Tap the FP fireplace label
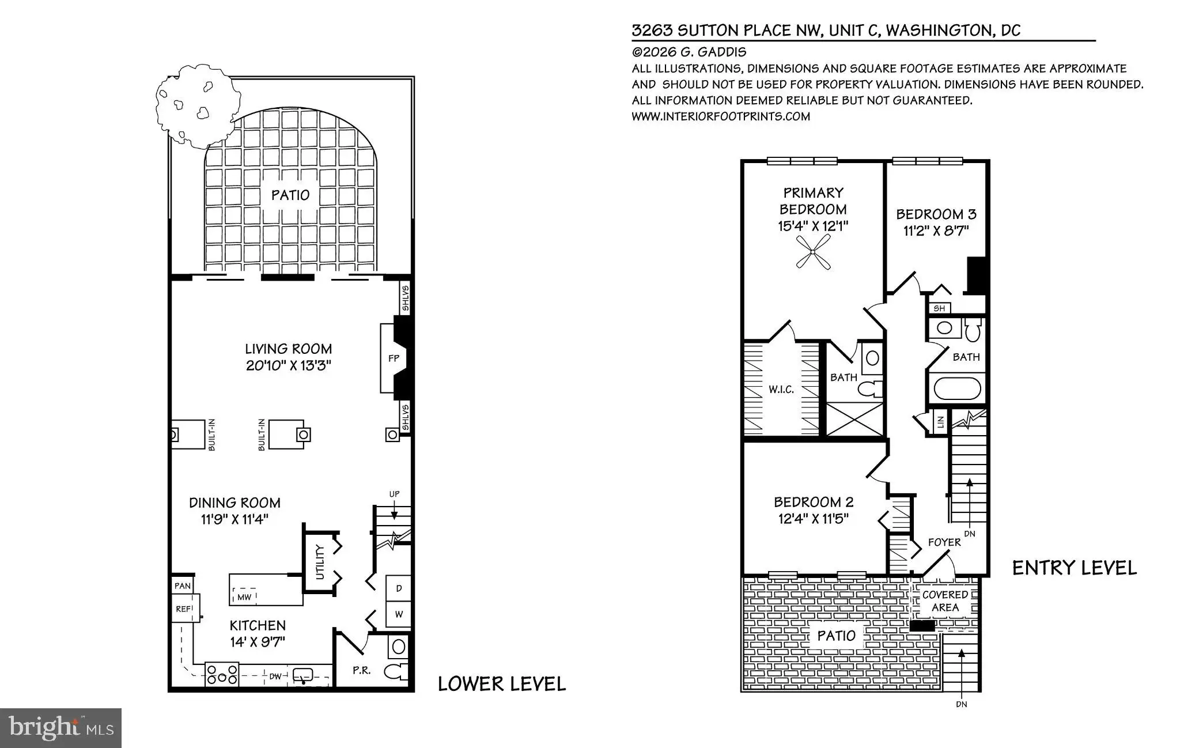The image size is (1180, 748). (x=394, y=358)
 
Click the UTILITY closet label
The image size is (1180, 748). (x=320, y=562)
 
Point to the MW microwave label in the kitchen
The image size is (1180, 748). (x=244, y=597)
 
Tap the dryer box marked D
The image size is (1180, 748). (x=398, y=588)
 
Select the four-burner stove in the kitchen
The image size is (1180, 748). (x=222, y=675)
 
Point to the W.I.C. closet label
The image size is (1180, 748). (x=781, y=390)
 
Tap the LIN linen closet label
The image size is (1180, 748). (x=941, y=422)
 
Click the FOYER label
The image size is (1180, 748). (x=944, y=542)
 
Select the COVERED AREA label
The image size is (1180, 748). (x=945, y=601)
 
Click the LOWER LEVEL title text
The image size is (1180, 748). (x=502, y=684)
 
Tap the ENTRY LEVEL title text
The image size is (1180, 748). (x=1075, y=568)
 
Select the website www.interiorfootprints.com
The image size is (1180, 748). (x=721, y=116)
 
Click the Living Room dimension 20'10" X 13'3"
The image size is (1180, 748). (x=289, y=366)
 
